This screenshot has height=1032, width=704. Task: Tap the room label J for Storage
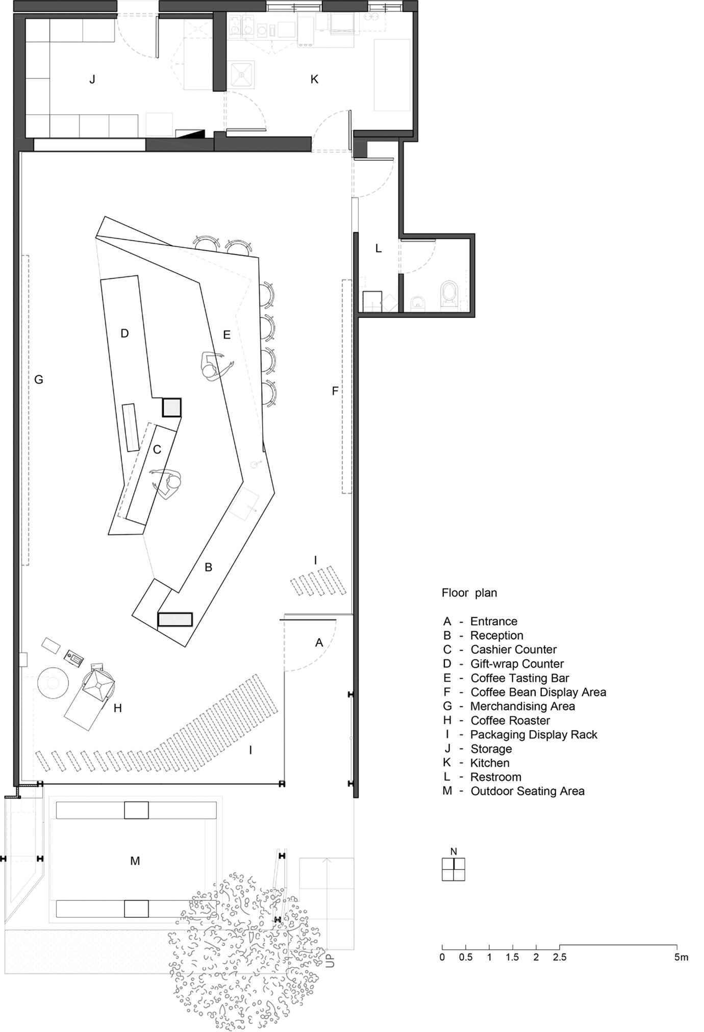pos(92,80)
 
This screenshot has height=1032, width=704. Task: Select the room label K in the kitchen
pos(314,79)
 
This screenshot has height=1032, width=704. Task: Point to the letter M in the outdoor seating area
pos(135,861)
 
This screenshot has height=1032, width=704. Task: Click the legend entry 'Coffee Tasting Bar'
pos(519,678)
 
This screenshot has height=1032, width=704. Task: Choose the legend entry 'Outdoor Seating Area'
pos(527,791)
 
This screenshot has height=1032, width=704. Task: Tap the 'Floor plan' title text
pos(469,593)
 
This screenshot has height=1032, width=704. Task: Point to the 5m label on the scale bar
pos(681,957)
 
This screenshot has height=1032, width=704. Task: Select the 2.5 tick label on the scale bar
pos(560,957)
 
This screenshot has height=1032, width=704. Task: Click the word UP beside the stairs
pos(331,960)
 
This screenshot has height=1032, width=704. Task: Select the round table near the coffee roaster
pos(53,682)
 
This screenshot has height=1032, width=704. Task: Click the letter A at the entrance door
pos(319,642)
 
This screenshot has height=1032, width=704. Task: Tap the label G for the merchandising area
pos(39,379)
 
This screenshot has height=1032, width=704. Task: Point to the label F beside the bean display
pos(335,391)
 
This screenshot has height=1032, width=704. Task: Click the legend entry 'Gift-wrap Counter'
pos(517,663)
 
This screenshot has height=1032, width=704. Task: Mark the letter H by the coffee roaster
pos(118,708)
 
